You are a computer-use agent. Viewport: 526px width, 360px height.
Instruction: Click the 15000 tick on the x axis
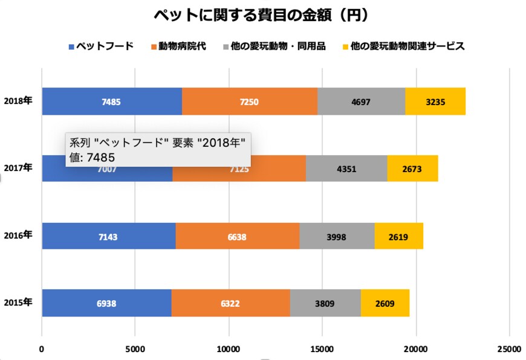[x=322, y=349]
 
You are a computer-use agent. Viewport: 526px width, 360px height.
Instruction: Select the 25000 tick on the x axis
[x=508, y=349]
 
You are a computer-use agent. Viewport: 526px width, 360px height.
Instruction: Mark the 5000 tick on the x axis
[x=135, y=349]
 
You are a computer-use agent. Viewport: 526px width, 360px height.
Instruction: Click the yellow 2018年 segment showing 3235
[x=435, y=101]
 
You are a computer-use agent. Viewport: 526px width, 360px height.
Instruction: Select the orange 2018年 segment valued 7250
[x=249, y=101]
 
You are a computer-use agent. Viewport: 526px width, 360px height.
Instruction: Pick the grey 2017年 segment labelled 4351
[x=346, y=169]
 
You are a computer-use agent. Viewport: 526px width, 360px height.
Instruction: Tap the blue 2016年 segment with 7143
[x=108, y=236]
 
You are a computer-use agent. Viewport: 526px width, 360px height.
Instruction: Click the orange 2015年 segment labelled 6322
[x=230, y=303]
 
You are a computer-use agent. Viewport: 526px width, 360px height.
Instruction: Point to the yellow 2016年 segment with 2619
[x=398, y=236]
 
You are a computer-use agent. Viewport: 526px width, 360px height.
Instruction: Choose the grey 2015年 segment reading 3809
[x=325, y=303]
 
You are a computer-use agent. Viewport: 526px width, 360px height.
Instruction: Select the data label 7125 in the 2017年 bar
[x=239, y=169]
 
